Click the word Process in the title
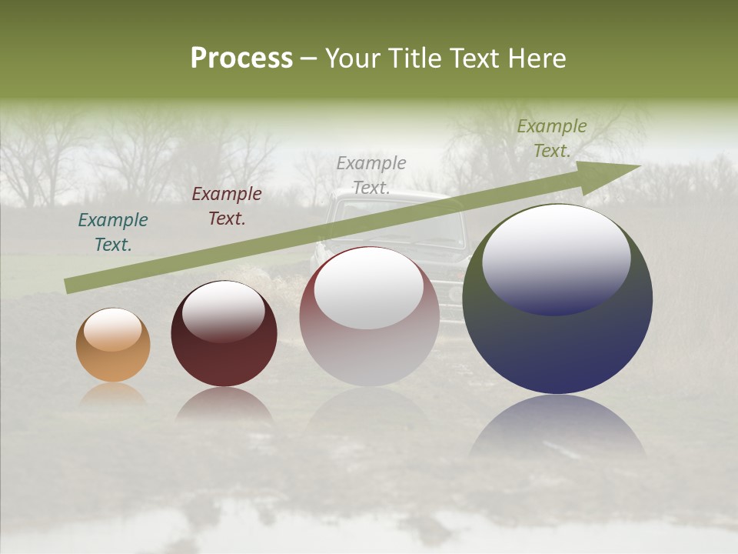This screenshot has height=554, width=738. pyautogui.click(x=241, y=58)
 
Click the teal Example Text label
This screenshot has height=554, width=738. pyautogui.click(x=113, y=232)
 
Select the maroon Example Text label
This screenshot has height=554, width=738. pyautogui.click(x=227, y=206)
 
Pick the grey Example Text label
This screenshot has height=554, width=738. pyautogui.click(x=371, y=175)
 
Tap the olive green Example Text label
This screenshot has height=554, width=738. pyautogui.click(x=552, y=138)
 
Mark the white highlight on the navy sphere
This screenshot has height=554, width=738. pyautogui.click(x=556, y=258)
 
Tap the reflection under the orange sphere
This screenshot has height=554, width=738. pyautogui.click(x=113, y=394)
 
